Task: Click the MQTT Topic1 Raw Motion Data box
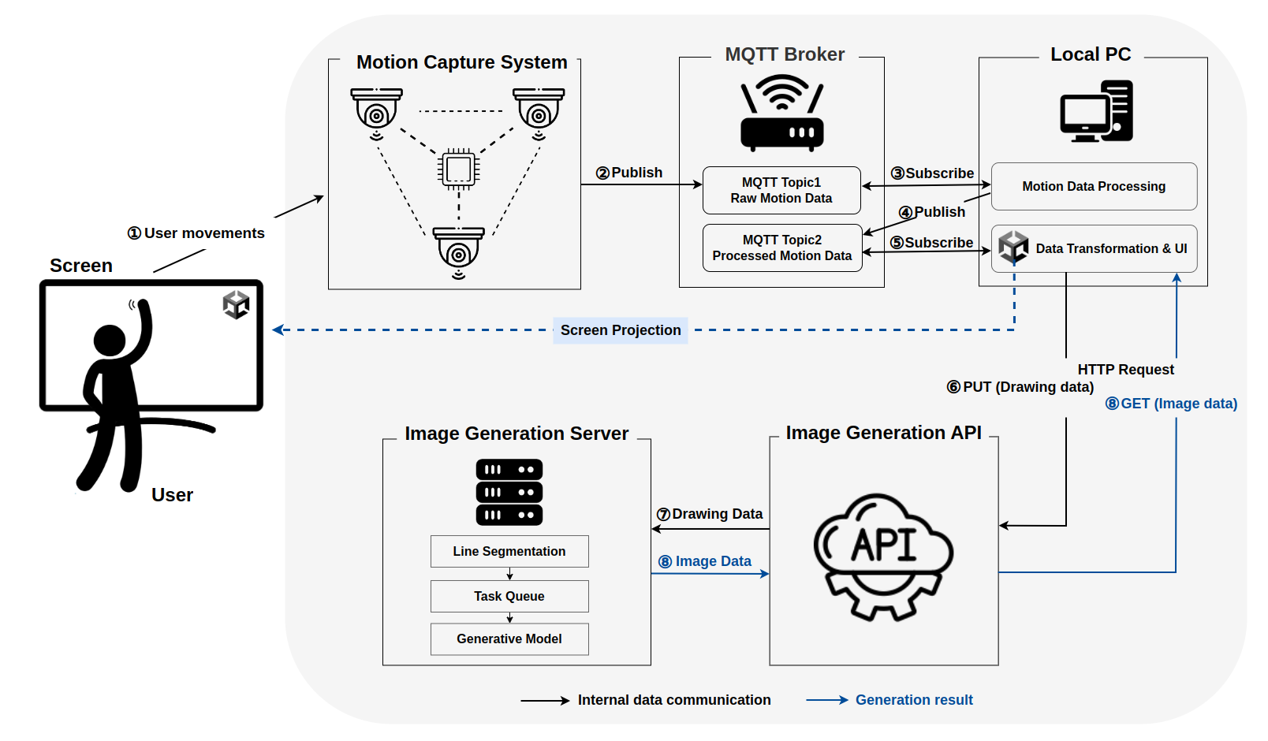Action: [781, 190]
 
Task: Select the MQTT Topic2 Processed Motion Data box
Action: [781, 248]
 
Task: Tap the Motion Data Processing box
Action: [1093, 186]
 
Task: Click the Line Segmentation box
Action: [509, 551]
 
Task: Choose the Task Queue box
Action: [509, 596]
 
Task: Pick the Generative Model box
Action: [509, 639]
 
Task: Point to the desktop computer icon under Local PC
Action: [1096, 111]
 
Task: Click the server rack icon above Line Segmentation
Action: [509, 492]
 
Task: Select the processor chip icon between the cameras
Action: [458, 169]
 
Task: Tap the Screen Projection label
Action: [620, 330]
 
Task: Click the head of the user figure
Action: [110, 341]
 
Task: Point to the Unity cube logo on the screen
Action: [236, 304]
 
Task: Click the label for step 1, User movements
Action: [196, 233]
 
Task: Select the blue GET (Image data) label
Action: [1171, 404]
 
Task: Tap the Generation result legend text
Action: [913, 700]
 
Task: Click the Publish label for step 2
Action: [629, 173]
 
